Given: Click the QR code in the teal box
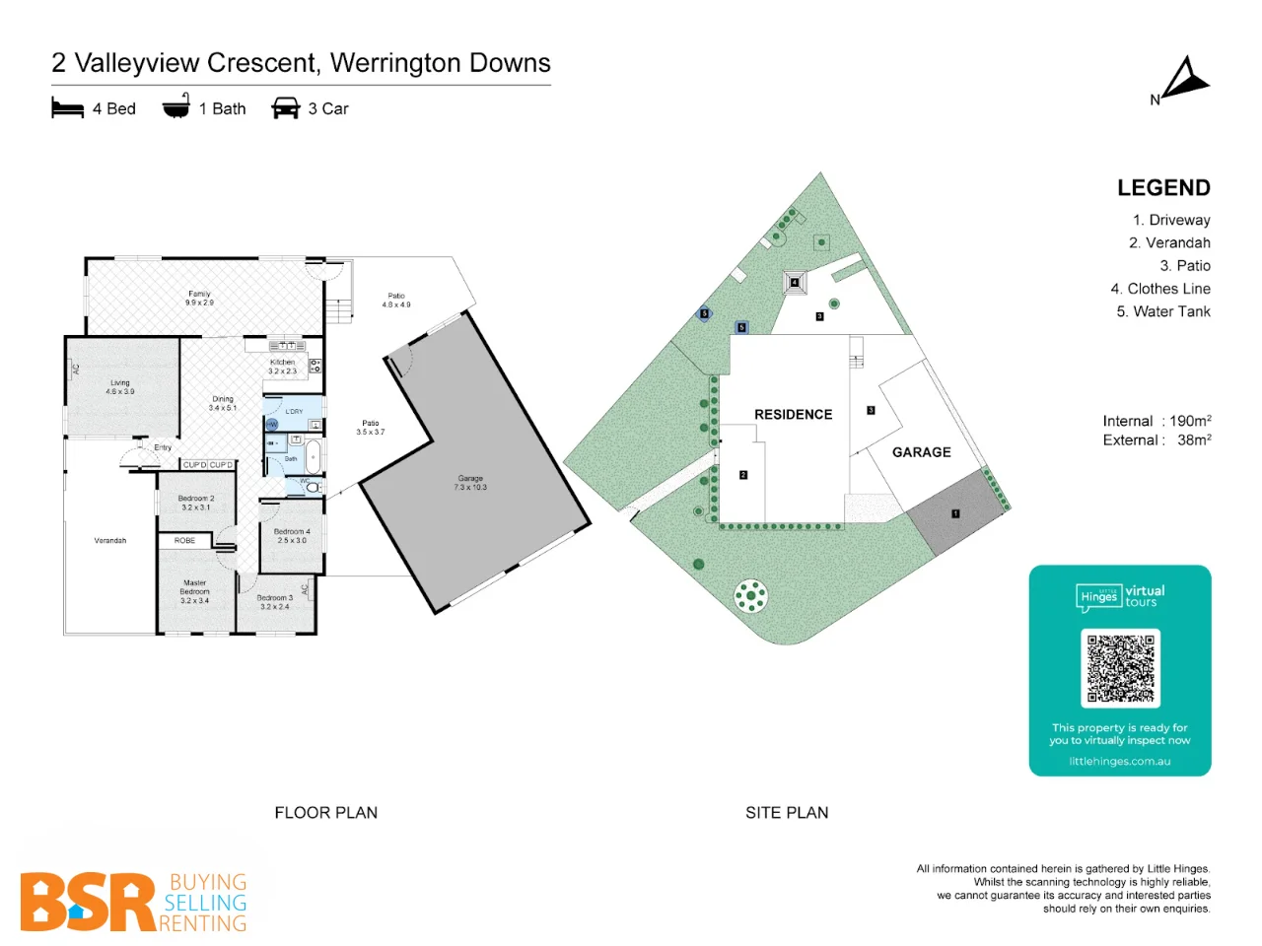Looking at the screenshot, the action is pos(1120,668).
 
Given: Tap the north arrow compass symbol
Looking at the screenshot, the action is pos(1186,79).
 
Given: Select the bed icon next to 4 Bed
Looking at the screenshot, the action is pos(68,108).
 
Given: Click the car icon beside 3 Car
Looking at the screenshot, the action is pos(285,108).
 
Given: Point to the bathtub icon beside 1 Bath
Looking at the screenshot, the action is pos(176,107).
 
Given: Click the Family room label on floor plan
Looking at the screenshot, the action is pos(199,298).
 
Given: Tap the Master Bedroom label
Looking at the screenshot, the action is pos(194,591).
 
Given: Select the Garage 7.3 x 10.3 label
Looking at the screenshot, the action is pos(470,483).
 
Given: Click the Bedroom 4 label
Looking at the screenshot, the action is pos(292,536).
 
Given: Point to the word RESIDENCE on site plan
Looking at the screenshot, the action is pos(793,415).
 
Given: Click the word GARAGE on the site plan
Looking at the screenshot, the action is pos(921,452).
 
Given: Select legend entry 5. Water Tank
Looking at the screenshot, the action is pos(1162,311).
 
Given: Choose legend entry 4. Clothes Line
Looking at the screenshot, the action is pos(1159,289).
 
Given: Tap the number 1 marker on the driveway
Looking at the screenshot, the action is pos(955,513).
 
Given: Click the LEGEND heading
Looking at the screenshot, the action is pos(1163,188).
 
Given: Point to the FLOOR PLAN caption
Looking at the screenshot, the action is pos(325,813).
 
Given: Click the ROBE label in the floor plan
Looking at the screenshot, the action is pos(184,541).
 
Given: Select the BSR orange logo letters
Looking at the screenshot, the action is pos(87,902).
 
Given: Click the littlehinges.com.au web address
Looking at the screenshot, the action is pos(1120,761).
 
